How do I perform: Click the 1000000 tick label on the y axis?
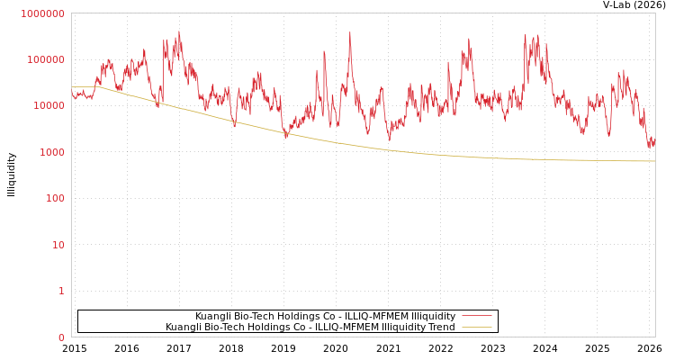(x=43, y=13)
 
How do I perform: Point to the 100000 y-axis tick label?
(x=46, y=59)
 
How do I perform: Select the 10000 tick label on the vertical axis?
(x=49, y=106)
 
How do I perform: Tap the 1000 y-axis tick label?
(x=51, y=152)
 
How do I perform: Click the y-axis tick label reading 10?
(x=58, y=245)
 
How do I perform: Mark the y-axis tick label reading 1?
(x=61, y=291)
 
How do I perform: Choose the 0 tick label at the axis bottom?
(x=61, y=337)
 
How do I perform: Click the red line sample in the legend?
(x=476, y=316)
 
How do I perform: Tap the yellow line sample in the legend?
(x=476, y=327)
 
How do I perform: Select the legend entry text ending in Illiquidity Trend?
(x=310, y=327)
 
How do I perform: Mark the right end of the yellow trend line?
(x=654, y=161)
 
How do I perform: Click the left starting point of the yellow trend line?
(x=72, y=87)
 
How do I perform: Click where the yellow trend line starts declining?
(x=97, y=87)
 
